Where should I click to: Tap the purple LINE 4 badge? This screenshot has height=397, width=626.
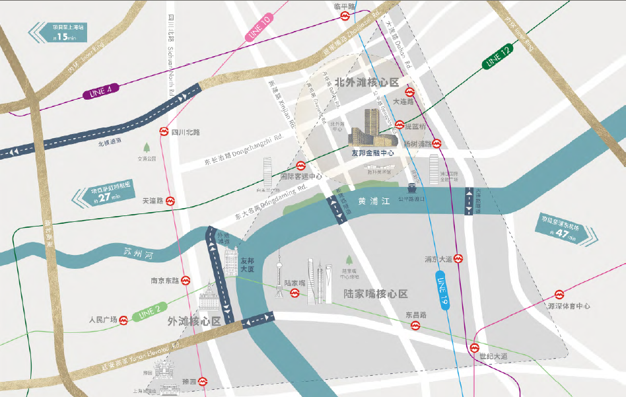98,90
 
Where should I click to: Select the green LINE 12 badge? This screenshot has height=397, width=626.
497,58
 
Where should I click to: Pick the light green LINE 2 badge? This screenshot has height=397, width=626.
148,313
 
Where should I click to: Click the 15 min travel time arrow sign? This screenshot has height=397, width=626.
59,32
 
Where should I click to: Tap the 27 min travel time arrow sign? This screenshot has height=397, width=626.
105,195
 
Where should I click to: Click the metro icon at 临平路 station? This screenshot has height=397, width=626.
345,17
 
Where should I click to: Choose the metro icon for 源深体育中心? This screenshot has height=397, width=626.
559,295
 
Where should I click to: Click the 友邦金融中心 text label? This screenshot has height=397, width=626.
372,152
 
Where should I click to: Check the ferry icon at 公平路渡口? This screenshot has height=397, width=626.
411,188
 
